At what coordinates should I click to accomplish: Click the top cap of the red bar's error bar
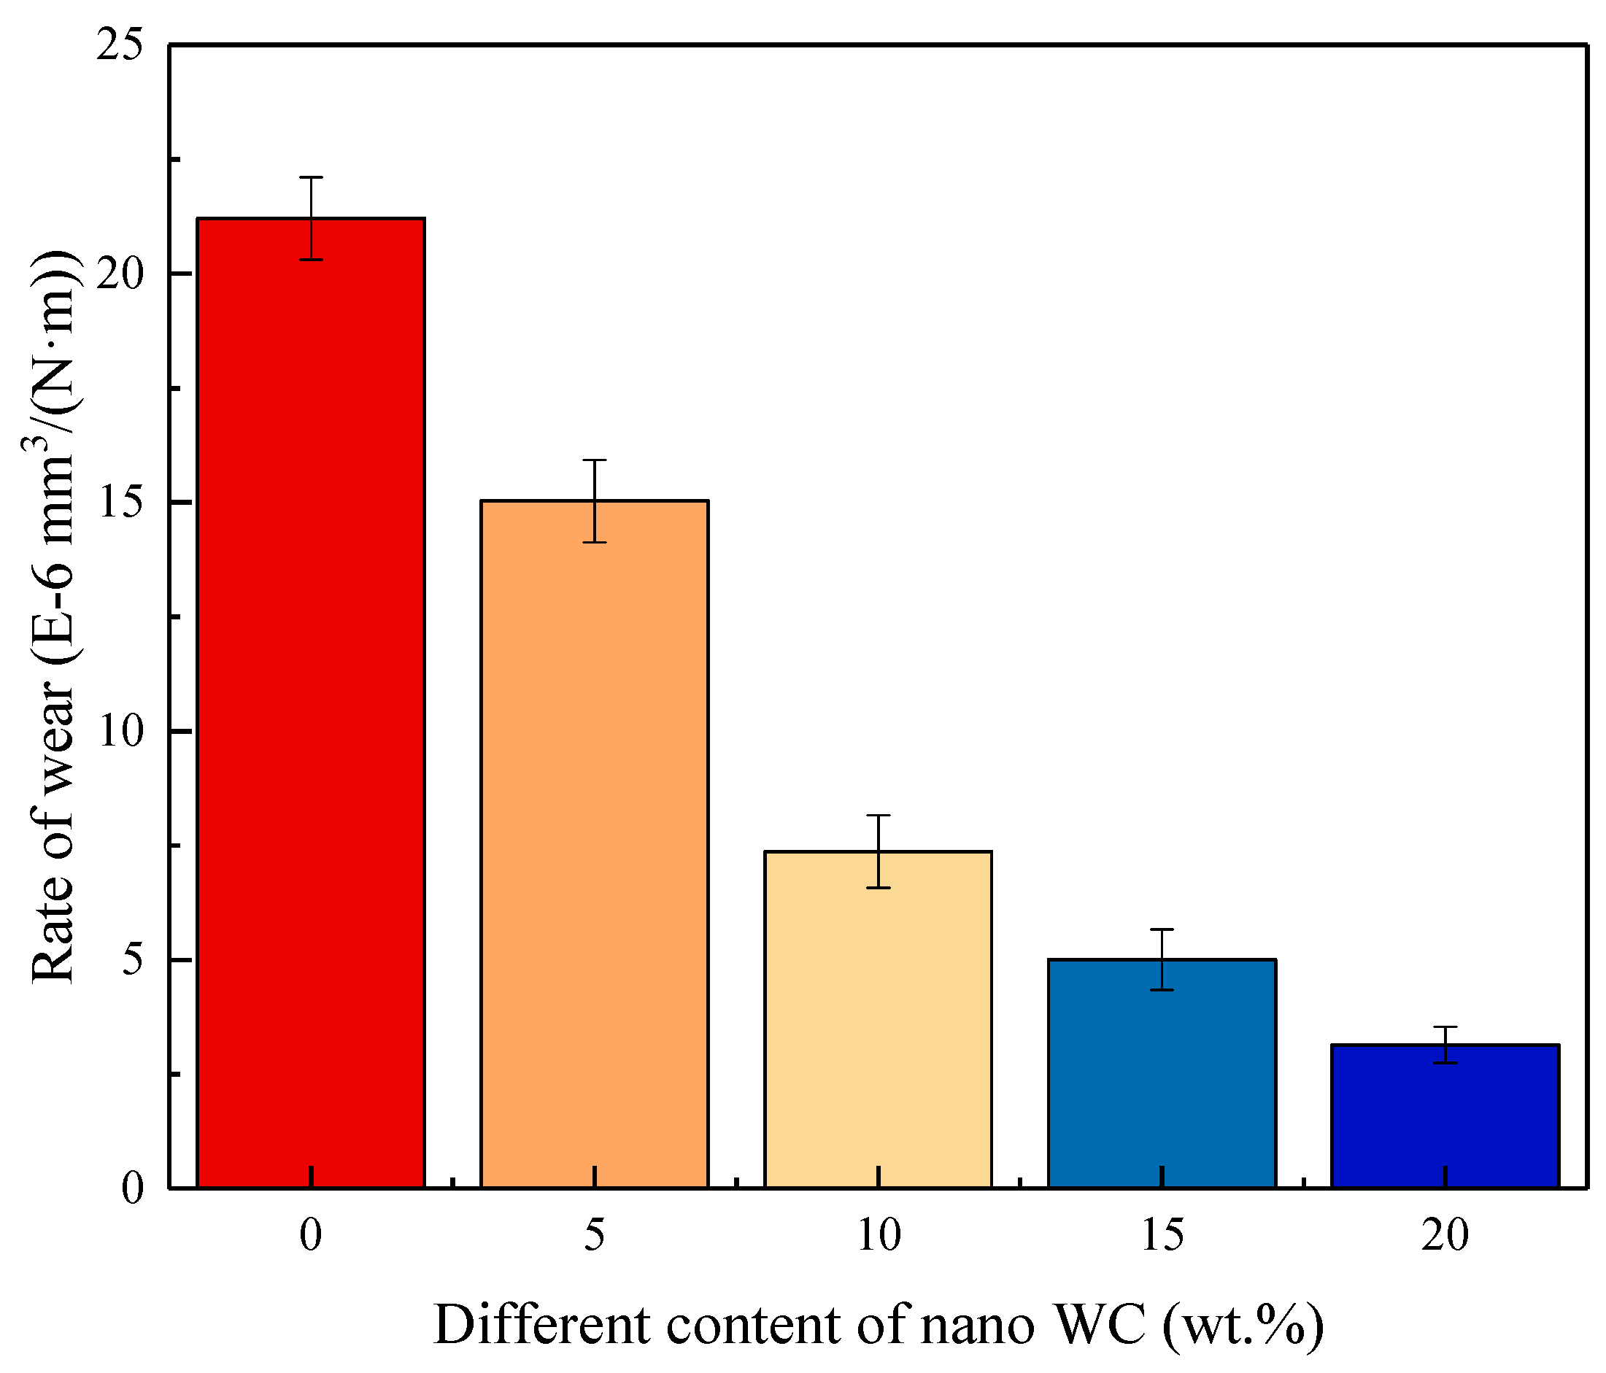[x=311, y=177]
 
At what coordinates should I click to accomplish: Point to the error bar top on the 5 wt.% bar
[x=595, y=460]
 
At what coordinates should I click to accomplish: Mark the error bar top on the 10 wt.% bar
[x=879, y=816]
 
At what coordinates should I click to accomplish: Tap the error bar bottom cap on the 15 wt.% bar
[x=1162, y=990]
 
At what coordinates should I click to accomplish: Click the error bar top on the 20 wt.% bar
[x=1445, y=1027]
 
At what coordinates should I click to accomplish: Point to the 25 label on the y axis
[x=120, y=47]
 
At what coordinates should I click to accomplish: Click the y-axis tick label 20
[x=120, y=275]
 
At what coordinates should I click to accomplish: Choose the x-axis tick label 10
[x=879, y=1235]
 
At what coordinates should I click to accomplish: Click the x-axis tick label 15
[x=1162, y=1235]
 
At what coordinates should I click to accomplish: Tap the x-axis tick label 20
[x=1445, y=1235]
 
